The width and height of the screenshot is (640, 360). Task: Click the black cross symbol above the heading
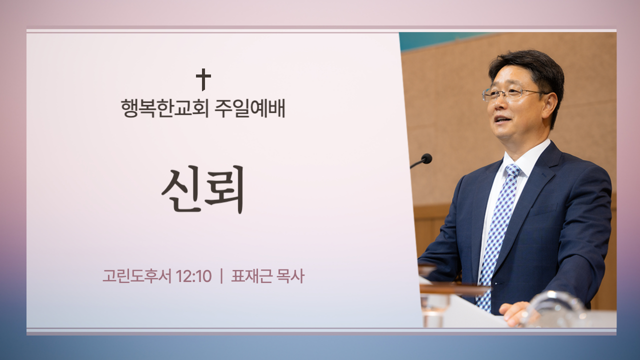(x=203, y=79)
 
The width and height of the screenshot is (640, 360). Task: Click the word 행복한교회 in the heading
(x=164, y=108)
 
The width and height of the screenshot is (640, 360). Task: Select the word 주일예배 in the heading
(x=249, y=108)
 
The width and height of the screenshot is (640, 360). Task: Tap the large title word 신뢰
(x=203, y=189)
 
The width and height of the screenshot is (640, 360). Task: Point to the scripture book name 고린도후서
(x=137, y=276)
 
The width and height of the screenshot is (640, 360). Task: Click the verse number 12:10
(x=193, y=276)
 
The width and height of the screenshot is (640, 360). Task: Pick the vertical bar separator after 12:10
(x=221, y=276)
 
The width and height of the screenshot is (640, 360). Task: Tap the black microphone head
(x=426, y=158)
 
